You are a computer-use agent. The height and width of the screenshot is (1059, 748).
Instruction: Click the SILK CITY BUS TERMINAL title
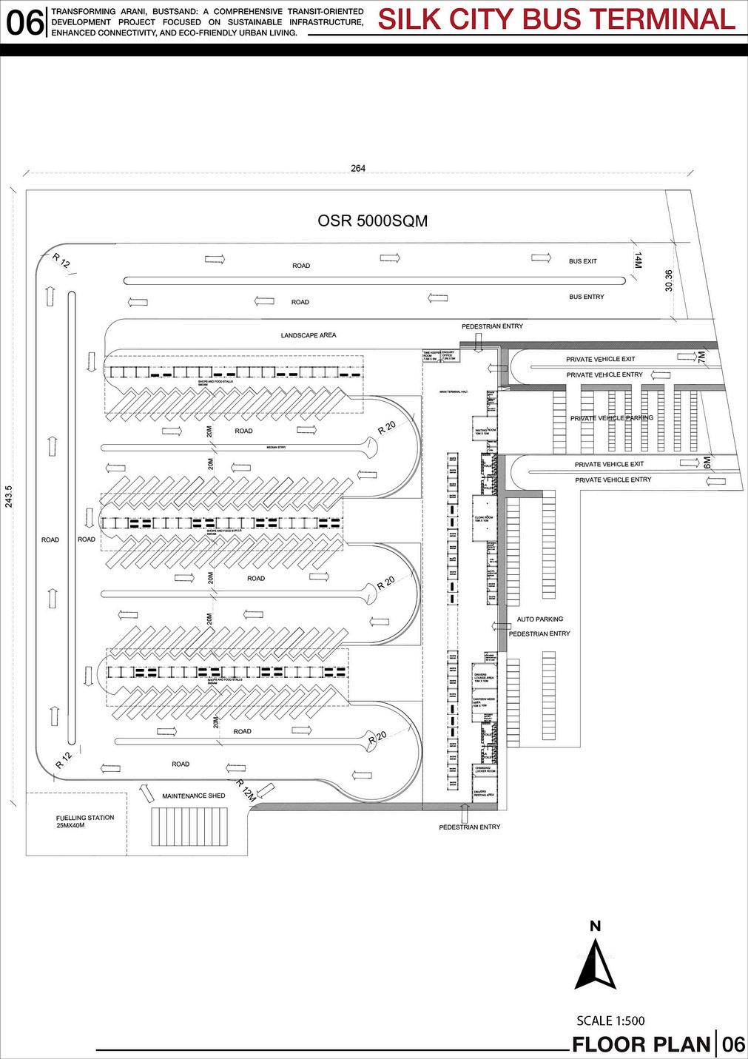[556, 19]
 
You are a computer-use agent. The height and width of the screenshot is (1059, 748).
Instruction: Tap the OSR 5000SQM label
[372, 221]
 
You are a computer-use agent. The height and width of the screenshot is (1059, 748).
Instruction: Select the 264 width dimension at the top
[358, 169]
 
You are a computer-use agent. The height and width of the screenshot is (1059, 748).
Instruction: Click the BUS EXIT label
[583, 261]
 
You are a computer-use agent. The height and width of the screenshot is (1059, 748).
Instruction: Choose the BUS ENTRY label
[586, 297]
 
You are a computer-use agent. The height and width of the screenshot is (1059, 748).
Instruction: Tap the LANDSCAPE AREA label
[309, 335]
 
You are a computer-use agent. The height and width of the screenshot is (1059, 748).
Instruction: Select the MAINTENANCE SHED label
[193, 796]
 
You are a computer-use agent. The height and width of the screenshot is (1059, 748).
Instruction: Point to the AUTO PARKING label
[539, 619]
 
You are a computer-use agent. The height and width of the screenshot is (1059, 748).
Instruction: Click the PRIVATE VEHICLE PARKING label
[611, 418]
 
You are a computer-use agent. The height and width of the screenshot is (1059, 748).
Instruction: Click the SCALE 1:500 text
[610, 1021]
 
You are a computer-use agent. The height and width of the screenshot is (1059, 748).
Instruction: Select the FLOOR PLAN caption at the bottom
[641, 1044]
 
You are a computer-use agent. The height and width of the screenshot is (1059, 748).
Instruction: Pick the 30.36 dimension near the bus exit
[669, 282]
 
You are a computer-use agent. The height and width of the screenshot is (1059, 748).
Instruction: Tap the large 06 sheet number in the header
[24, 22]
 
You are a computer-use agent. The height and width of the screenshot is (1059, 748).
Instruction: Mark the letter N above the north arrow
[595, 926]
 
